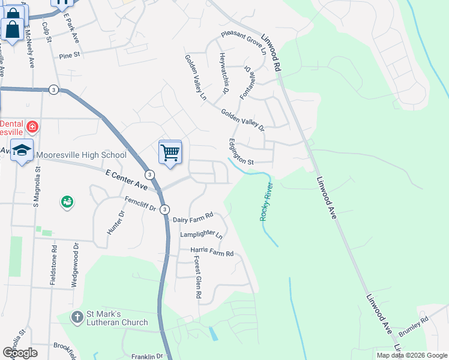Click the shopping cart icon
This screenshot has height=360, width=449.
coord(170,152)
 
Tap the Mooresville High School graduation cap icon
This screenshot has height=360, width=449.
coord(22,150)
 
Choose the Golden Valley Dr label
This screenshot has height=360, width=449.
coord(242,119)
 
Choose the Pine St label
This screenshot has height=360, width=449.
coord(70,55)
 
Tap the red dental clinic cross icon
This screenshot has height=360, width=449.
coord(32,127)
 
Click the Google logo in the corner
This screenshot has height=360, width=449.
coord(20,353)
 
